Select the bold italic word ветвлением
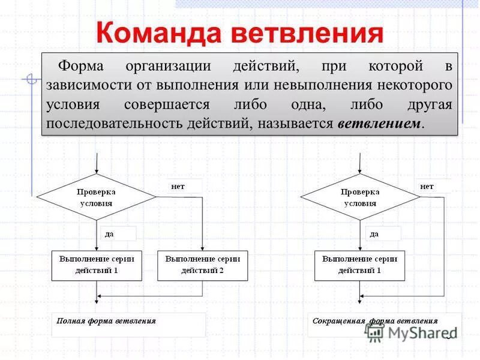tap(380, 124)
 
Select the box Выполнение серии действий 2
tap(202, 265)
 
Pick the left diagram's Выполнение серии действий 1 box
tap(97, 265)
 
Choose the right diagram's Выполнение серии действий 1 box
tap(360, 265)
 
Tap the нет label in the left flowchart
tap(178, 187)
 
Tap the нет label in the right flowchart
tap(427, 187)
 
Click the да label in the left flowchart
tap(109, 234)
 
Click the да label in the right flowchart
tap(374, 234)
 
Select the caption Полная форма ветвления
tap(106, 321)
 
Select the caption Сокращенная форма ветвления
tap(375, 321)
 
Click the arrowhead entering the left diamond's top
tap(96, 172)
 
